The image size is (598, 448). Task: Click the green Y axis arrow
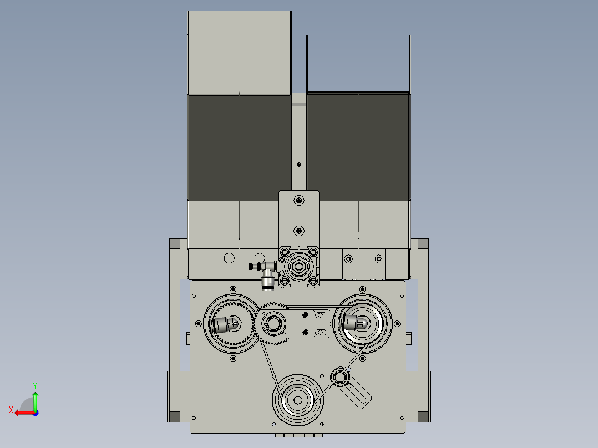tap(35, 398)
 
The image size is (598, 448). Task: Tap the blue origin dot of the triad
tap(35, 413)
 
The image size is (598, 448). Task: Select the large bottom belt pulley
tap(298, 400)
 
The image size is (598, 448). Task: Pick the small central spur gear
tap(273, 323)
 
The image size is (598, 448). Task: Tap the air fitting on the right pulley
tap(355, 322)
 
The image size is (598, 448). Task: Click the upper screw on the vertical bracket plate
tap(299, 200)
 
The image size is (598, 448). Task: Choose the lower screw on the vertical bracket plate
tap(299, 230)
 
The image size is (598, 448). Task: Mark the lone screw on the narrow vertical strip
tap(299, 164)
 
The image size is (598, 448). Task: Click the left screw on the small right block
tap(348, 259)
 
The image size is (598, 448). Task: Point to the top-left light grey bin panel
tap(214, 53)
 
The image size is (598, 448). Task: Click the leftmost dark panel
tap(214, 147)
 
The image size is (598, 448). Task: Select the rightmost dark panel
tap(384, 147)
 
